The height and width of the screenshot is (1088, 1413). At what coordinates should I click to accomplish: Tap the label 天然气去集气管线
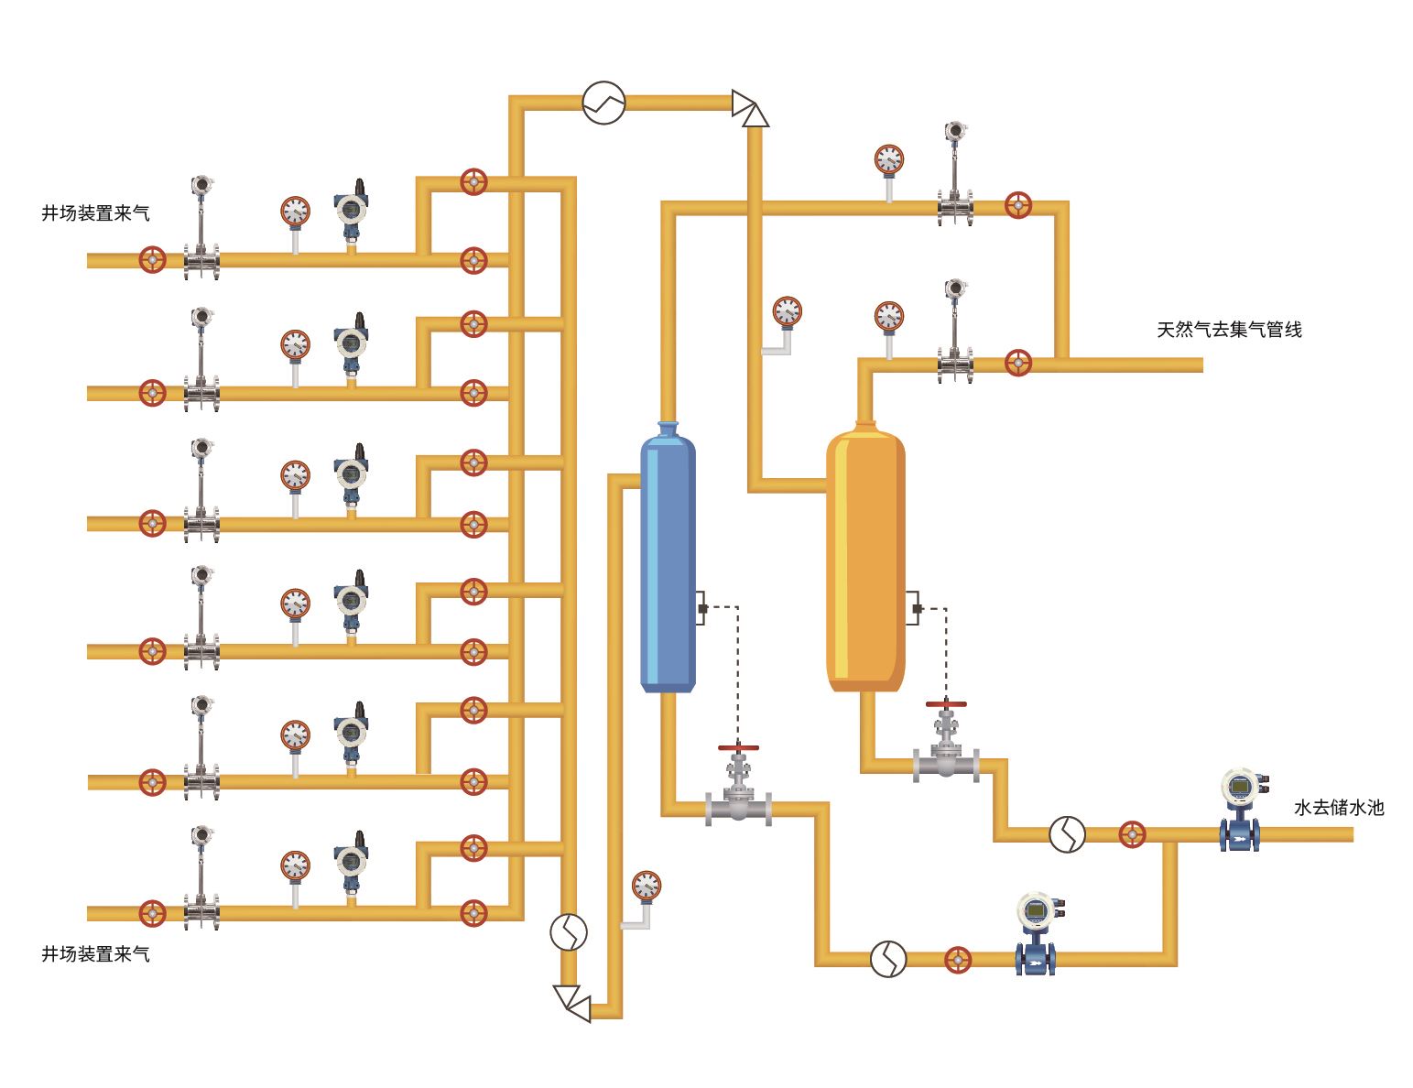click(x=1229, y=330)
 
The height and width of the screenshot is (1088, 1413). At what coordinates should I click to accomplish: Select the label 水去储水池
click(x=1339, y=808)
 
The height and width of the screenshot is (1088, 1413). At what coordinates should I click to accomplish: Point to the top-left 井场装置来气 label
click(x=95, y=213)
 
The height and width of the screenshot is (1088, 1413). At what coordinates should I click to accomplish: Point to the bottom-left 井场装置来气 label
click(x=95, y=954)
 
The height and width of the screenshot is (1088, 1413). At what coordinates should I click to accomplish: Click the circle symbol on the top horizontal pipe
click(x=603, y=103)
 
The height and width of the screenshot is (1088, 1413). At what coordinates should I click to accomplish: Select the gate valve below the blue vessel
click(x=738, y=787)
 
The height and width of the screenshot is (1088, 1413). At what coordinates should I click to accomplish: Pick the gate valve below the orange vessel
click(x=946, y=743)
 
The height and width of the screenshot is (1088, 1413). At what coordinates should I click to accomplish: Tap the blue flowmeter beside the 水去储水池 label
click(x=1241, y=811)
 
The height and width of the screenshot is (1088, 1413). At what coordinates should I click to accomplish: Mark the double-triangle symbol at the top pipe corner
click(x=750, y=108)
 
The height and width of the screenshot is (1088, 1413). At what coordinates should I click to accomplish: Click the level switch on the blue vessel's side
click(x=701, y=608)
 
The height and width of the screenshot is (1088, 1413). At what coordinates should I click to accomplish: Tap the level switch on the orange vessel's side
click(x=914, y=608)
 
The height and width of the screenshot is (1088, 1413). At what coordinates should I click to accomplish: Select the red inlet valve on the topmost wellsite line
click(x=152, y=260)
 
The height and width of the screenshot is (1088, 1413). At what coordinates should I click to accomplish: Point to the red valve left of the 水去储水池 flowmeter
click(x=1132, y=834)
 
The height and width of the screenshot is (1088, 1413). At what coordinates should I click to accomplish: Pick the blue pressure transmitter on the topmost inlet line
click(x=351, y=212)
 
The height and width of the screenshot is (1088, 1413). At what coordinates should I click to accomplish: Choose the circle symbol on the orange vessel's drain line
click(x=1067, y=834)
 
